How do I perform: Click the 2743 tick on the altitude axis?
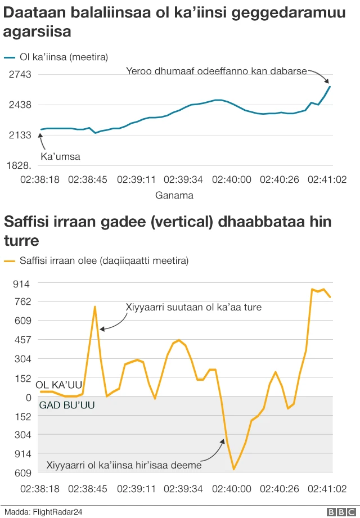tap(20, 74)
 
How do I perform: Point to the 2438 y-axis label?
tap(20, 105)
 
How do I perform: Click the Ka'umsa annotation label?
tap(60, 156)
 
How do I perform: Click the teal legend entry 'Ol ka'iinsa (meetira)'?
tap(63, 57)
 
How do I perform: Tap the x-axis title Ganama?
tap(174, 196)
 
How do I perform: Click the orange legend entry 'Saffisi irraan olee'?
tap(103, 260)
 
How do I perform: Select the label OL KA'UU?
tap(59, 385)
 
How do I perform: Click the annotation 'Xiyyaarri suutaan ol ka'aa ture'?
tap(193, 307)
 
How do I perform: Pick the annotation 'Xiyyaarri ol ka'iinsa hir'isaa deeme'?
tap(124, 465)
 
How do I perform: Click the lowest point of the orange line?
tap(234, 469)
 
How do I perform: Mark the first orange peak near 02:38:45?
tap(95, 307)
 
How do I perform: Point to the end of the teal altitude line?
tap(330, 87)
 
